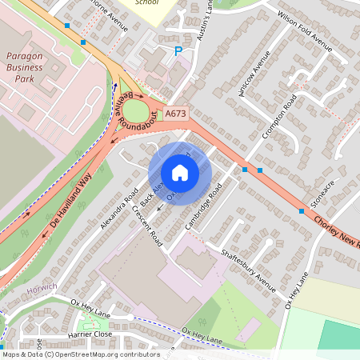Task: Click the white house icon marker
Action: coord(180,172)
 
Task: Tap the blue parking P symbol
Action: coord(178,51)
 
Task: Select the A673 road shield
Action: coord(176,114)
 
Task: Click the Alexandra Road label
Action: coord(121,210)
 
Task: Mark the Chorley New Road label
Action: coord(336,233)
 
